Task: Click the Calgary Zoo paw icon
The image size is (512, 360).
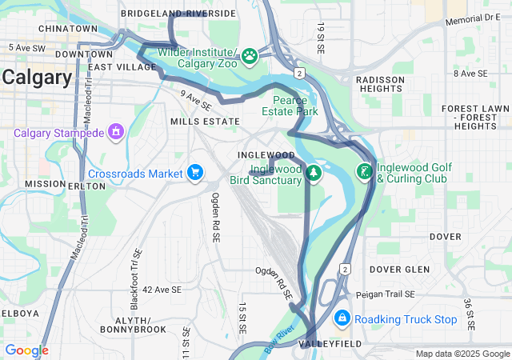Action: (x=250, y=56)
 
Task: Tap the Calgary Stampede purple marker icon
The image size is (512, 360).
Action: (x=116, y=130)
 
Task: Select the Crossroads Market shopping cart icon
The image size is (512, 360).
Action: (x=195, y=173)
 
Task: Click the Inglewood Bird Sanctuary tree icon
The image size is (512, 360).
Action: (x=314, y=173)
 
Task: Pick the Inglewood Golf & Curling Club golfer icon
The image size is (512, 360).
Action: (x=365, y=171)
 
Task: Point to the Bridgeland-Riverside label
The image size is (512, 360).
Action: (x=178, y=14)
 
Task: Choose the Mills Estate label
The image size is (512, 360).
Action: (x=204, y=122)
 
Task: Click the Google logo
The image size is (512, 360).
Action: (x=26, y=350)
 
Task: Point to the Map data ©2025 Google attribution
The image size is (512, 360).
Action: (x=462, y=354)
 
